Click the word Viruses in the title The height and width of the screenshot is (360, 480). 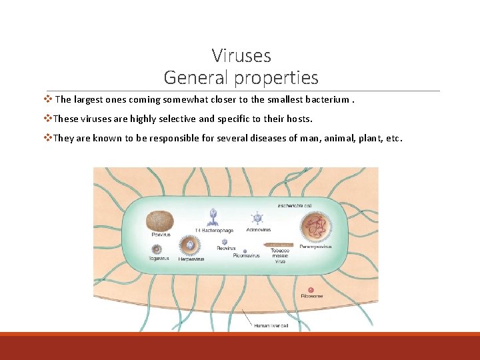click(241, 55)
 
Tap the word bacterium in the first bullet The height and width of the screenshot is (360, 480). click(328, 100)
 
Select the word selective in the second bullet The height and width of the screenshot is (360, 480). click(177, 119)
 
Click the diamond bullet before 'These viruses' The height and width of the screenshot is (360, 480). click(47, 119)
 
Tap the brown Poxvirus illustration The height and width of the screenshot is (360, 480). click(159, 220)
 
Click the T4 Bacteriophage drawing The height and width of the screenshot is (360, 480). click(213, 216)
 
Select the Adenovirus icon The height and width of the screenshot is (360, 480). click(257, 217)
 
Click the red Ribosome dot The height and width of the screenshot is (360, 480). click(310, 289)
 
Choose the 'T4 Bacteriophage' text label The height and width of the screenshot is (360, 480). click(214, 231)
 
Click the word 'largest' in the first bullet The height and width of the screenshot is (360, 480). click(88, 100)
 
